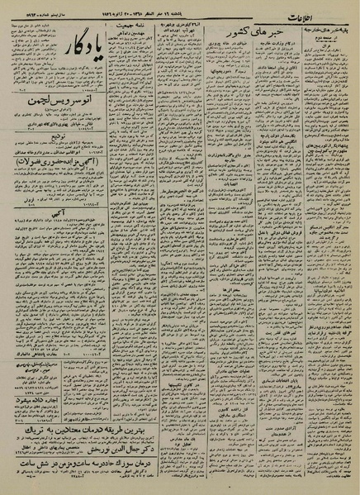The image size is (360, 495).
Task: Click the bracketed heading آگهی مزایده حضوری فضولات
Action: click(x=59, y=165)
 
